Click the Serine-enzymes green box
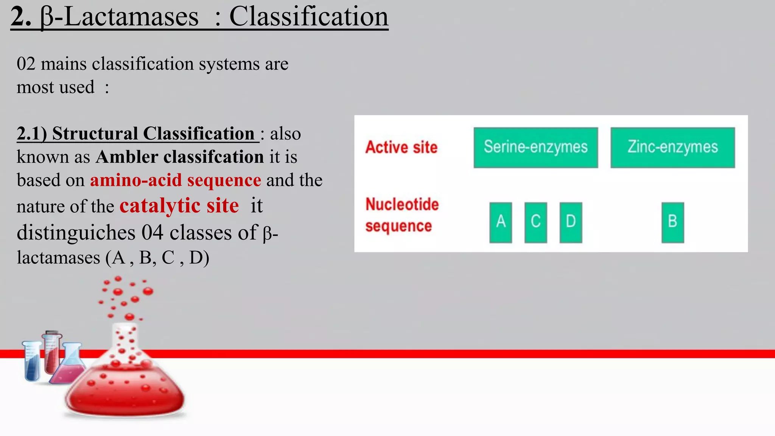tap(535, 148)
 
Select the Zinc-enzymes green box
tap(672, 148)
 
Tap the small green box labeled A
tap(500, 222)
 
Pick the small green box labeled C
tap(535, 222)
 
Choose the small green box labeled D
tap(571, 222)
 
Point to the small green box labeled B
tap(672, 222)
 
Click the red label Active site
tap(401, 147)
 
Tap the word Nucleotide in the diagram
tap(402, 204)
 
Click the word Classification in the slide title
tap(308, 17)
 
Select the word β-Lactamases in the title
tap(119, 17)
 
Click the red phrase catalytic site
tap(179, 206)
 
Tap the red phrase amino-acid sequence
tap(175, 180)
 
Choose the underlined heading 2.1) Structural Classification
tap(137, 134)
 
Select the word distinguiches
tap(76, 232)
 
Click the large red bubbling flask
tap(125, 382)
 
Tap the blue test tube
tap(33, 361)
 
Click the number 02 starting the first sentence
tap(26, 64)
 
